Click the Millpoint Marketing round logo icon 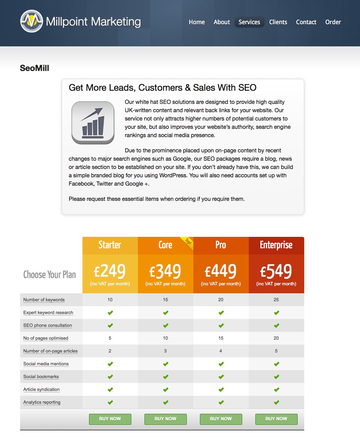[32, 21]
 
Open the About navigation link [222, 22]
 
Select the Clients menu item [278, 22]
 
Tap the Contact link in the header [306, 22]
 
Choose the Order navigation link [333, 22]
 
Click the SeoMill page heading [34, 68]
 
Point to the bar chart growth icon [93, 123]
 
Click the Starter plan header [110, 245]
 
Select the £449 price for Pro [221, 271]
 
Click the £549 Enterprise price [276, 271]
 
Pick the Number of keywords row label [44, 300]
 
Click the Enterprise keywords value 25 [276, 300]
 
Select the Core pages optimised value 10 [165, 338]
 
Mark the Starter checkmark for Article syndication [110, 390]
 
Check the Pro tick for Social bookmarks [221, 377]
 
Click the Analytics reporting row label [42, 402]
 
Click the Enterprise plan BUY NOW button [276, 419]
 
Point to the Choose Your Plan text [50, 275]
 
